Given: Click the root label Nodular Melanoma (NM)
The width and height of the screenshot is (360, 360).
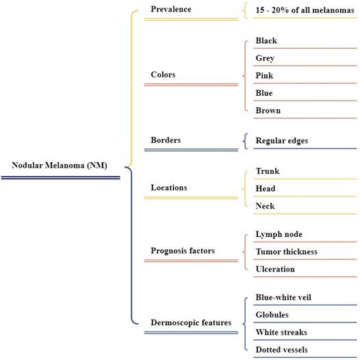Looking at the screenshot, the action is coord(60,166).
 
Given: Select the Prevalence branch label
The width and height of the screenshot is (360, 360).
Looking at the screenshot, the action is coord(171,9).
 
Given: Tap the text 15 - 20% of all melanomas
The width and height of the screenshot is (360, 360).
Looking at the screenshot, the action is coord(305,10).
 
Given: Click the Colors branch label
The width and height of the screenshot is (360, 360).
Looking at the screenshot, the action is coord(163,75).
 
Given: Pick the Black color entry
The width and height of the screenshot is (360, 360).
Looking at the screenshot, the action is coord(266,40).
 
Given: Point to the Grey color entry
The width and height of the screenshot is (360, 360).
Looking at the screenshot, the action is coord(265,58).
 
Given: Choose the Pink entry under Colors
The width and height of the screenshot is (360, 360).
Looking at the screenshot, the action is coord(264,75).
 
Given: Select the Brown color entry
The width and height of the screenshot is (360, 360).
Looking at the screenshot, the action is coord(268,110).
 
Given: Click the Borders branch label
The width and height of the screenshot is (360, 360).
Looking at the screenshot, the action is coord(166,140).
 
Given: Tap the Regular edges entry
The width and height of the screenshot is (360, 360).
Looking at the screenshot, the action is coord(282,141).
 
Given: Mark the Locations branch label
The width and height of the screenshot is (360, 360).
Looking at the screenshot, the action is coord(169,188).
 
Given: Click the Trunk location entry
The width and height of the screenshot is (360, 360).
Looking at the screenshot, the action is coord(268,171).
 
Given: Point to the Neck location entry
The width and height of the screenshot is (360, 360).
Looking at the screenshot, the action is coord(265,206).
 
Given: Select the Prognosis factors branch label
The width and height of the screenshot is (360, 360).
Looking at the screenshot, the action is coord(183,250).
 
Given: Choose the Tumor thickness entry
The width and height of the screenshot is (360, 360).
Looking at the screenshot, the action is coord(287,252).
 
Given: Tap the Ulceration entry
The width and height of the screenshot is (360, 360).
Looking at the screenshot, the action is coord(275,269).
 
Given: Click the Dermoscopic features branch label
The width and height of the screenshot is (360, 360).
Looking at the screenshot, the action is coord(191,323).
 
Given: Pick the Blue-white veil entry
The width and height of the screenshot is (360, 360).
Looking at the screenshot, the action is coord(283,297).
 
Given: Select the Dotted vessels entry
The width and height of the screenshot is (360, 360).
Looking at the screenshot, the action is coord(282,350).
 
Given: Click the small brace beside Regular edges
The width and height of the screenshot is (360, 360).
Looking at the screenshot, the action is coord(245,141).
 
